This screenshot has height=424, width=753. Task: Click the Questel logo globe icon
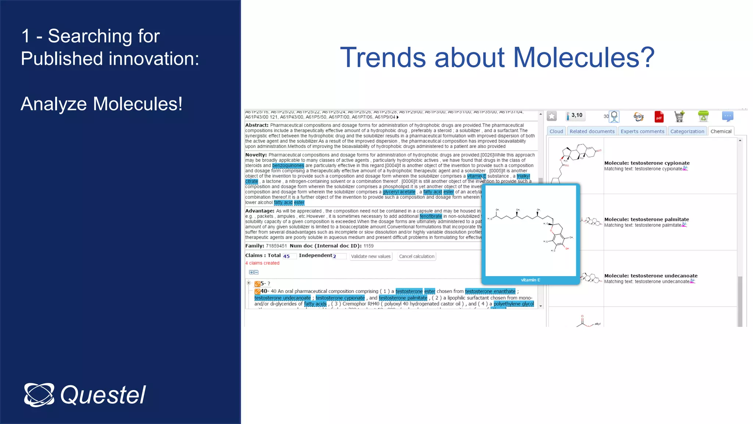coord(39,395)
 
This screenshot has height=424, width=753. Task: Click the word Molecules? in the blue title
coord(584,57)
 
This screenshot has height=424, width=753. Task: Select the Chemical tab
coord(721,131)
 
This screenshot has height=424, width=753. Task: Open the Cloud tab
coord(556,131)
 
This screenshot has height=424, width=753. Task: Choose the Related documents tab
coord(592,131)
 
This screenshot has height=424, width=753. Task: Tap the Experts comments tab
coord(642,131)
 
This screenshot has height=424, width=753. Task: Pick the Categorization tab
coord(687,131)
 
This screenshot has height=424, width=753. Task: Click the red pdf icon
coord(659,117)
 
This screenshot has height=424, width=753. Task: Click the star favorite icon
coord(552,116)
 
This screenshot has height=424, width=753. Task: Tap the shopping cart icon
coord(679,116)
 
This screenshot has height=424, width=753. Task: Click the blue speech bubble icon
coord(727,116)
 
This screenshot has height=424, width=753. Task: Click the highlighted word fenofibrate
coord(431,216)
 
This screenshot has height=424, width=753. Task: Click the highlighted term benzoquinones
coord(288,166)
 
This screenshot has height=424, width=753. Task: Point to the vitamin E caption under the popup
coord(530,280)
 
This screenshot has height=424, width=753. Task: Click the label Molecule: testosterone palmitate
coord(646,219)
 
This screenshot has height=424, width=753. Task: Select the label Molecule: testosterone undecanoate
coord(650,276)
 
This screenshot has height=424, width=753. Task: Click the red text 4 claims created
coord(262,263)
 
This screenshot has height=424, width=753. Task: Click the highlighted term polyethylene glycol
coord(513,304)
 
